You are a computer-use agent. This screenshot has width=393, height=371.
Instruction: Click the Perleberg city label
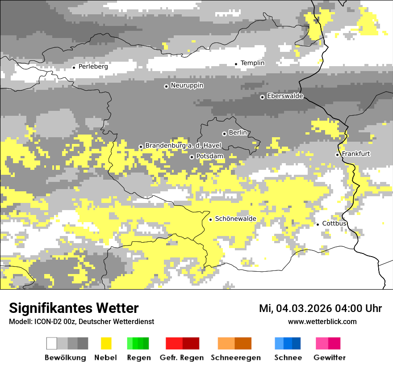pos(93,67)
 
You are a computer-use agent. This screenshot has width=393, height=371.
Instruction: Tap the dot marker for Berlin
pos(224,134)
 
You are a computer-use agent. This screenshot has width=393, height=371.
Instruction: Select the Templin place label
pos(252,63)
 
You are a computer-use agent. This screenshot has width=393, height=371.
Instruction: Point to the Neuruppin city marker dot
pos(166,86)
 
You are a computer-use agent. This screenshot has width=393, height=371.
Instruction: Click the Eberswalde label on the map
pos(285,96)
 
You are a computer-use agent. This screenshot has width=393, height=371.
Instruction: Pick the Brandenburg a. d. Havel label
pos(183,146)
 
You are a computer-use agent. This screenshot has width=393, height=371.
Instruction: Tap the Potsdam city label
pos(210,156)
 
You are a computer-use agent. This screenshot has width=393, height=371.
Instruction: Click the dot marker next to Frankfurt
pos(337,155)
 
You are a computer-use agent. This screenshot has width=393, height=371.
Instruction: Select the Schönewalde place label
pos(235,219)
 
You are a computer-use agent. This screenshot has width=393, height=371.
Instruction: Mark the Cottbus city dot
pos(318,224)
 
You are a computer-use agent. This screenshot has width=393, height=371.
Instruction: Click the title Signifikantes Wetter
pos(74,308)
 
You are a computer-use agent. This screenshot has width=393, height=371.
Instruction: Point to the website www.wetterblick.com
pos(322,322)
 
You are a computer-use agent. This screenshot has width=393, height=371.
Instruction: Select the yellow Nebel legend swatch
pos(106,343)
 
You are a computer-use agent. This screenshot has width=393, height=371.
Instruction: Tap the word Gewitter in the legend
pos(329,358)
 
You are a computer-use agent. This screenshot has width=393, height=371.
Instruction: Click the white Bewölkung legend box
pos(52,343)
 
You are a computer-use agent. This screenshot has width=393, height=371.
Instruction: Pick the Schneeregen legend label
pos(235,358)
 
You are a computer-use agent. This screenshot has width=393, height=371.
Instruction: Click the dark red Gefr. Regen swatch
pos(191,343)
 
